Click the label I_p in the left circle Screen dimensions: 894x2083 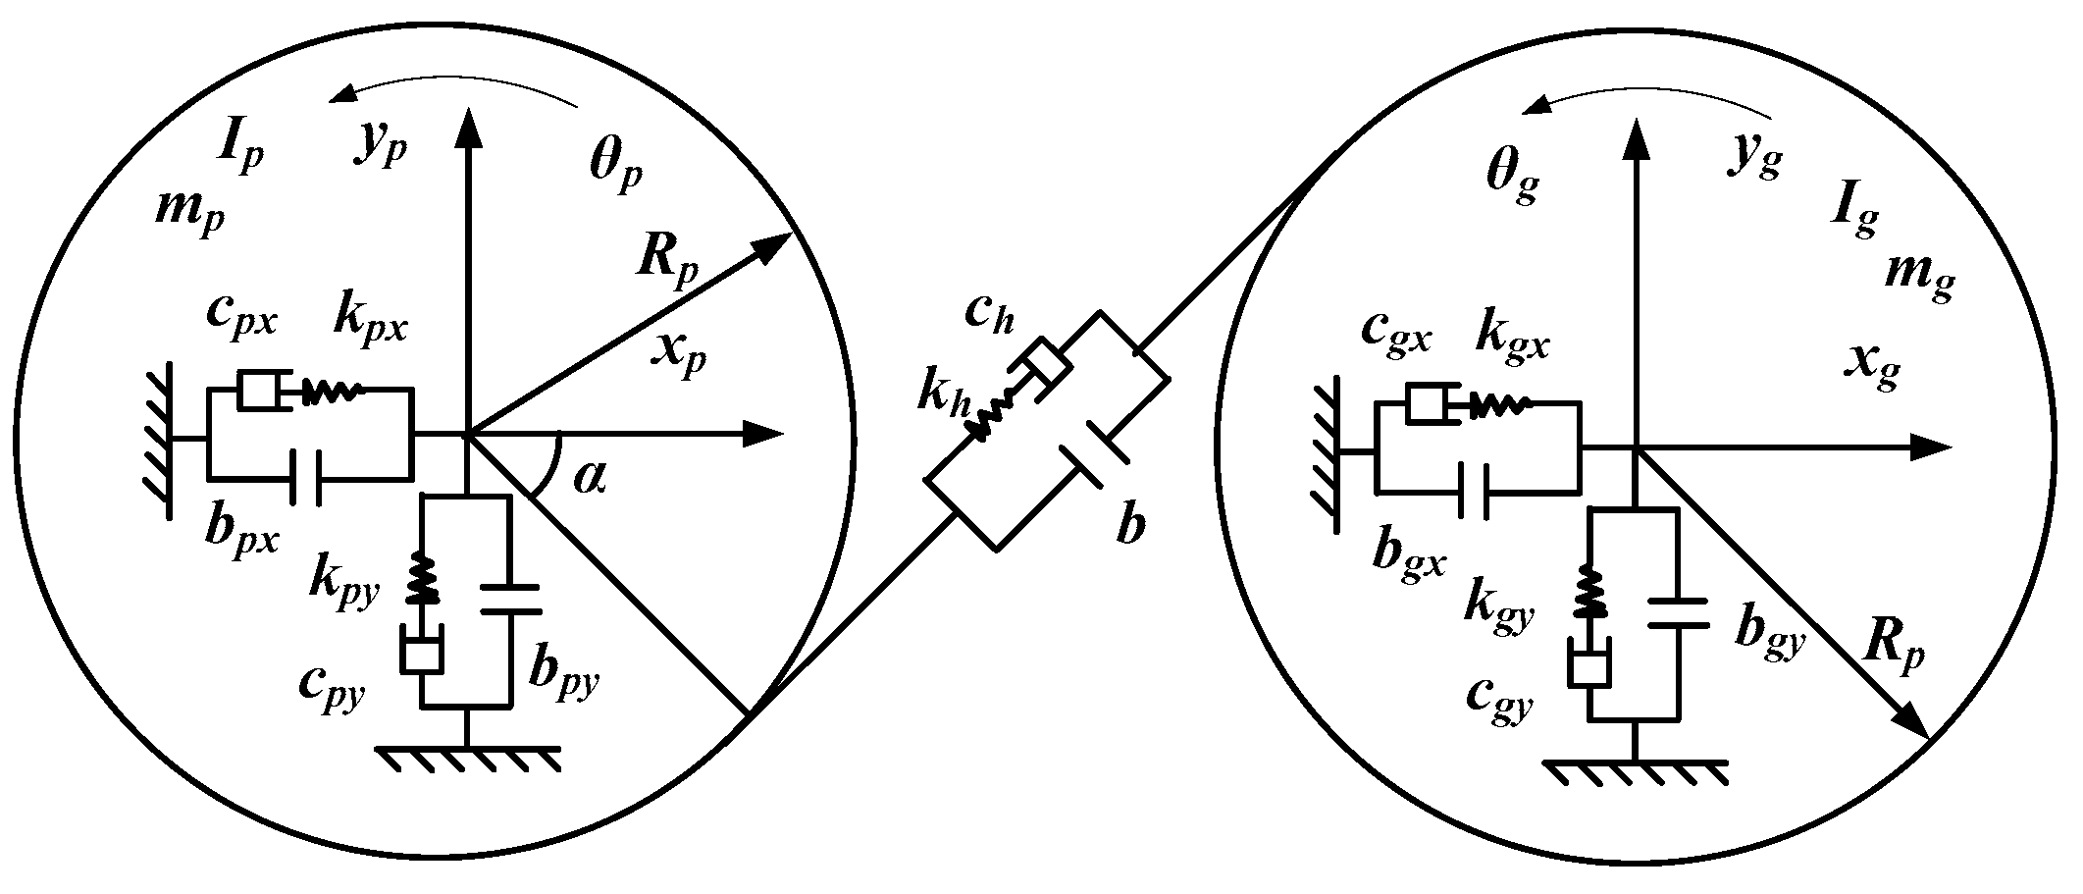tap(238, 147)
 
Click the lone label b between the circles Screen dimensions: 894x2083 tap(1130, 528)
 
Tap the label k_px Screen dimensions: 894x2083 tap(370, 319)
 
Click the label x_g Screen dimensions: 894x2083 tap(1872, 368)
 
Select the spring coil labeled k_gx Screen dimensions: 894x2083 tap(1497, 403)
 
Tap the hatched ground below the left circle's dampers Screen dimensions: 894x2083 tap(467, 758)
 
